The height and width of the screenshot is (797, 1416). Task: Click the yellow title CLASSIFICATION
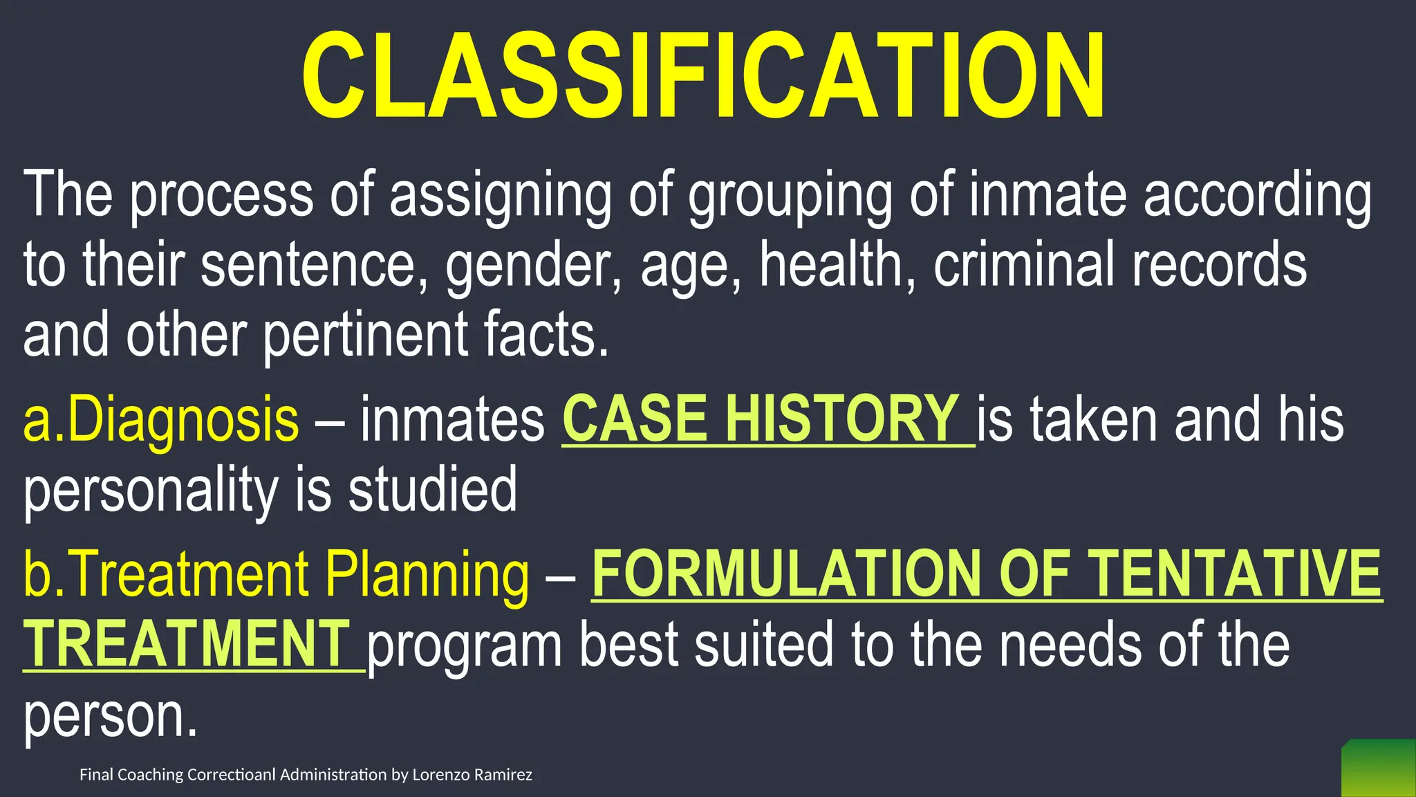pos(703,76)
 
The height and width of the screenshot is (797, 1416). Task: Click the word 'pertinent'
pos(364,336)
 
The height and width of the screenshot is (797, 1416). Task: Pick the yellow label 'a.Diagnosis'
pos(161,420)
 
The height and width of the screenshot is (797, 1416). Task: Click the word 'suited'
pos(763,645)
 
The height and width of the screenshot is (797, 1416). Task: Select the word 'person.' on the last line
pos(111,717)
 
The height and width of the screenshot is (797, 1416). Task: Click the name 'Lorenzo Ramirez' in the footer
pos(472,775)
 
